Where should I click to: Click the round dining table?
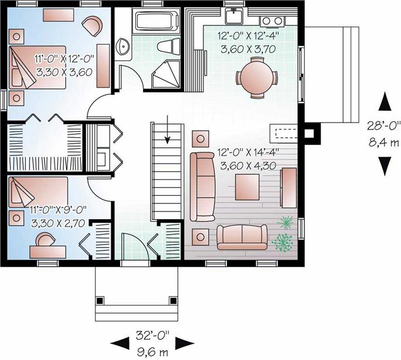[257, 77]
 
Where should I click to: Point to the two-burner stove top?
[272, 21]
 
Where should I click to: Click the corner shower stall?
[166, 74]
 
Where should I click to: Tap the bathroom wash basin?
[124, 46]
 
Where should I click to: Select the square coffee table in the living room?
[247, 187]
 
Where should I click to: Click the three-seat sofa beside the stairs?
[202, 186]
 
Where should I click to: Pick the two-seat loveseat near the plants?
[242, 237]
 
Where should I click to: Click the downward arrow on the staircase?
[168, 130]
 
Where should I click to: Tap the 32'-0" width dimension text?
[152, 335]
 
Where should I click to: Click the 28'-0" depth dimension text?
[383, 126]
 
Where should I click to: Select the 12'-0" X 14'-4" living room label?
[247, 152]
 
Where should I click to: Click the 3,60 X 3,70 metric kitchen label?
[248, 49]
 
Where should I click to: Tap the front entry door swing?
[135, 246]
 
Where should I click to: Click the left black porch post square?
[100, 300]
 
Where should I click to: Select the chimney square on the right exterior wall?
[312, 133]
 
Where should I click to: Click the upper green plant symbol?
[285, 223]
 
